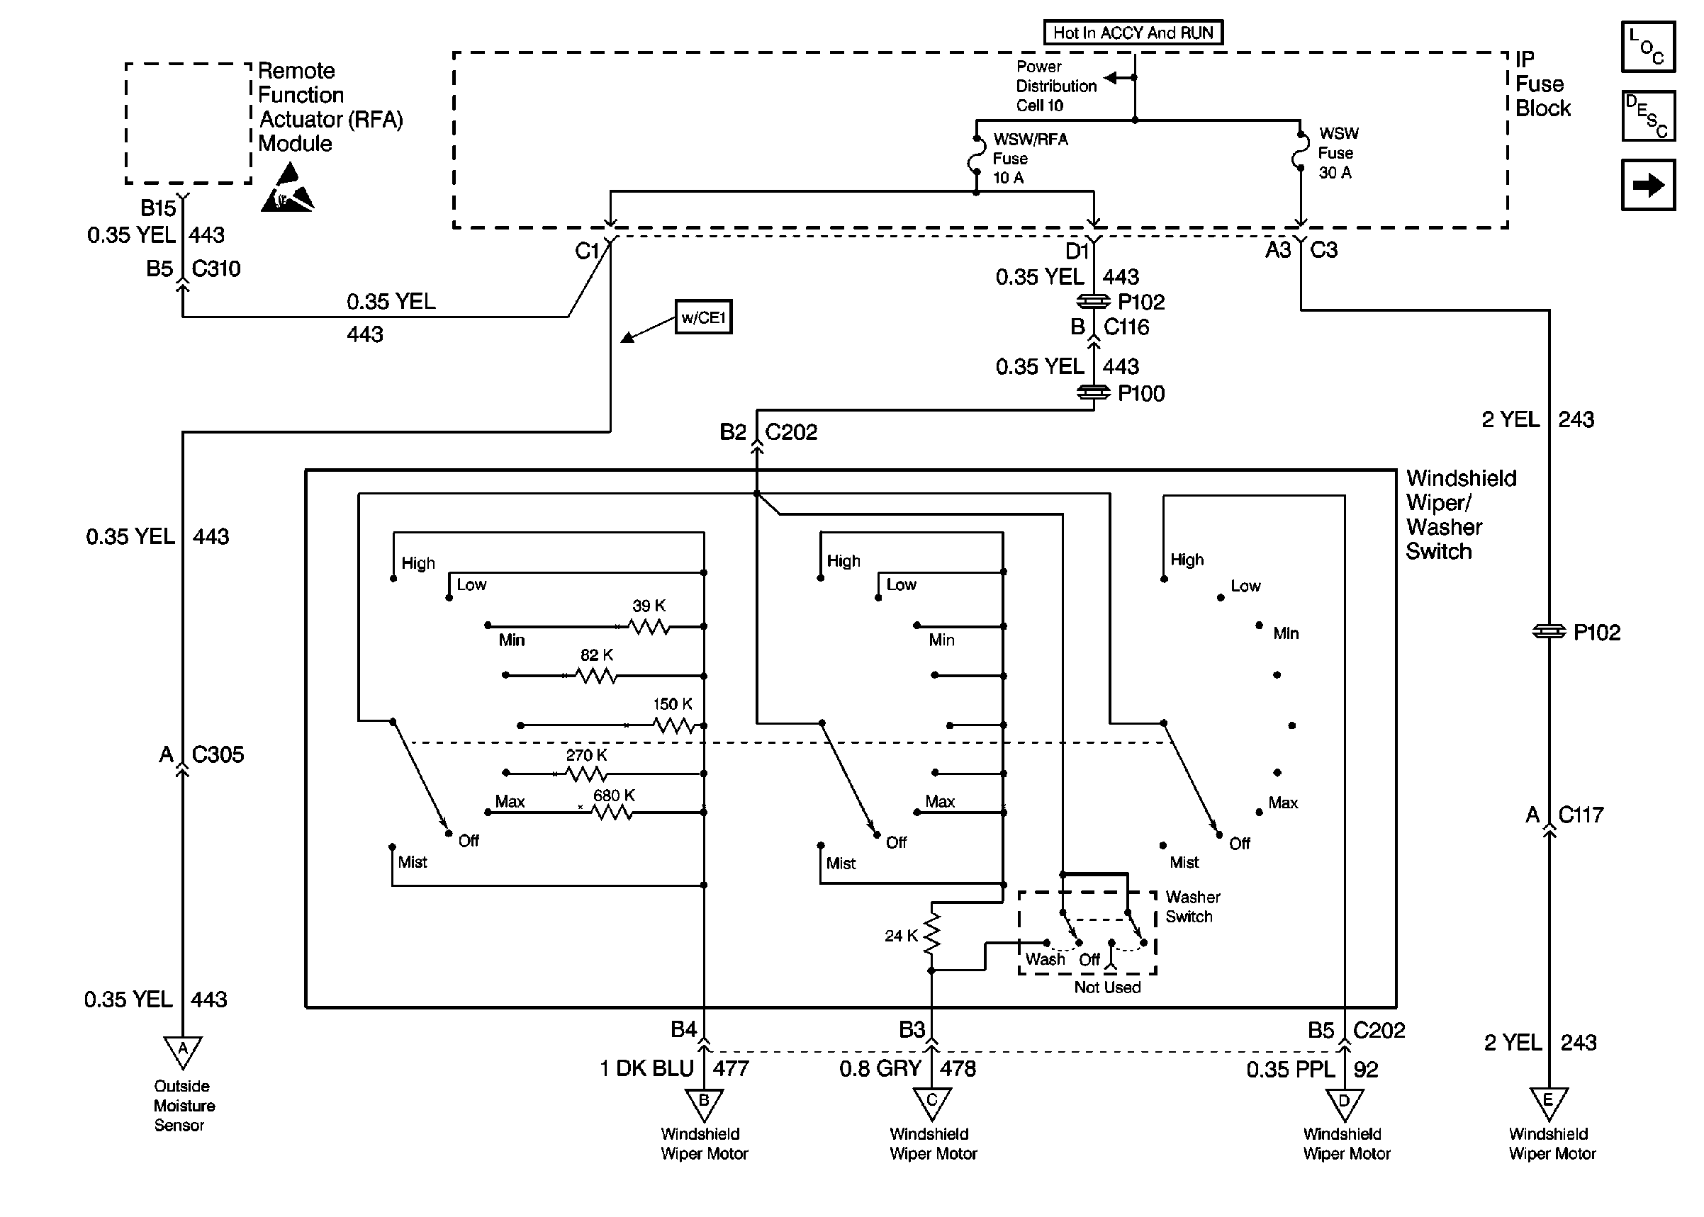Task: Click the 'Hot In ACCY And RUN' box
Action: (1132, 32)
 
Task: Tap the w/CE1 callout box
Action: (702, 317)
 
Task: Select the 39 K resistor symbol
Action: (649, 626)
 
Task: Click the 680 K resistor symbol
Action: (612, 813)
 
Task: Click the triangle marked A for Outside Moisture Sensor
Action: (183, 1051)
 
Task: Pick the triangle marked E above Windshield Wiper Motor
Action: (1548, 1103)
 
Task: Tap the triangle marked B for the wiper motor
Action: (704, 1103)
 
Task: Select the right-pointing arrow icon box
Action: (1648, 184)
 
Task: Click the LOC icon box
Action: (1648, 47)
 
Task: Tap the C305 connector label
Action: (218, 754)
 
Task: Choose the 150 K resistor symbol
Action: (674, 725)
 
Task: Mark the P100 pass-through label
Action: (1140, 393)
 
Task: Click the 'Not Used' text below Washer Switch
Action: (1106, 987)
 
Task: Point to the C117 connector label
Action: (1580, 815)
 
